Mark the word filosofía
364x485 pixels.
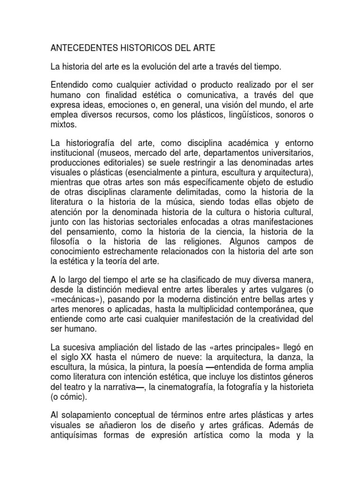pyautogui.click(x=67, y=242)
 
